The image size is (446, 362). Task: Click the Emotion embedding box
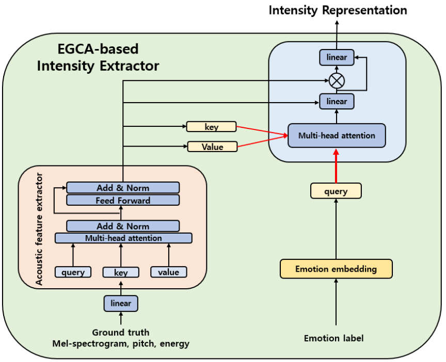336,269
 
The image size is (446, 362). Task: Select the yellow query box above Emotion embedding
336,191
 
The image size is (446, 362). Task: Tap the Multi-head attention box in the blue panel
337,136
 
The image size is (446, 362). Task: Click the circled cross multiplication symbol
337,80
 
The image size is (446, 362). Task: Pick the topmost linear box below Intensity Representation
337,57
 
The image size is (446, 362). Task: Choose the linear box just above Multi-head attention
337,101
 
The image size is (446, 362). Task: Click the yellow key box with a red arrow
211,127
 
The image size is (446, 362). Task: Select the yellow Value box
212,147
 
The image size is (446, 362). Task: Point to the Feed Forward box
123,200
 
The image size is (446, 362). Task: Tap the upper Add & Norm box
123,188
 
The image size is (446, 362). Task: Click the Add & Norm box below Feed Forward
123,226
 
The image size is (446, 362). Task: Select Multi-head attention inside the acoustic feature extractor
123,238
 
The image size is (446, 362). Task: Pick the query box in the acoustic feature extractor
73,272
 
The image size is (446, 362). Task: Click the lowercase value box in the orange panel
169,272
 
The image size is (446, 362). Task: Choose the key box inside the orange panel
121,272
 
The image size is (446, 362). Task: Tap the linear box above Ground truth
121,303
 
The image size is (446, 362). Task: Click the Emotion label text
333,338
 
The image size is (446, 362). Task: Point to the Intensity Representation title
338,10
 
